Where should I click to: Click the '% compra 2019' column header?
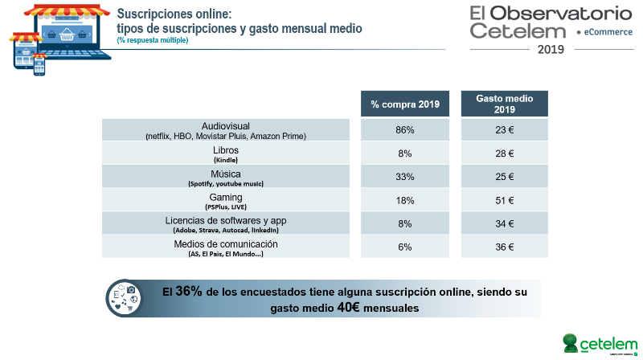tap(405, 104)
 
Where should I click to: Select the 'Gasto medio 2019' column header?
tap(504, 104)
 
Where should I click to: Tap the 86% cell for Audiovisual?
tap(405, 130)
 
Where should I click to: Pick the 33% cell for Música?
tap(405, 177)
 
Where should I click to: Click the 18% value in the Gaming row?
tap(405, 200)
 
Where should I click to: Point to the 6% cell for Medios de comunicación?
tap(405, 247)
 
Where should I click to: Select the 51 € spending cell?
tap(504, 200)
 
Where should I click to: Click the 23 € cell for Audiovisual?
tap(504, 130)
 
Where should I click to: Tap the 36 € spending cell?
tap(504, 247)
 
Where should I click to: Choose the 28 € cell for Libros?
tap(504, 153)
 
